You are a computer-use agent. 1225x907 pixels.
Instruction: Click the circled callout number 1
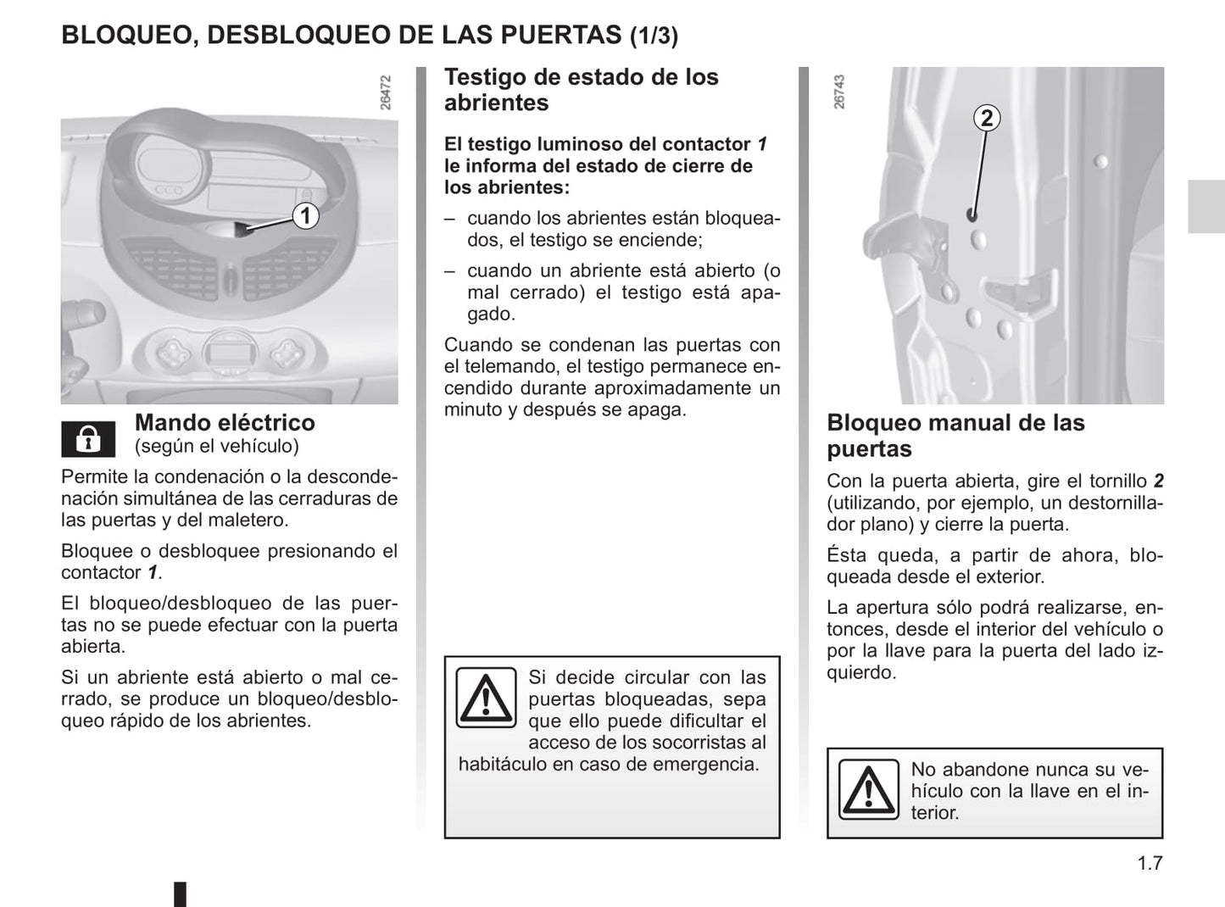tap(305, 215)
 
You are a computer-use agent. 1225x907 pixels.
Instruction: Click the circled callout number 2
tap(986, 117)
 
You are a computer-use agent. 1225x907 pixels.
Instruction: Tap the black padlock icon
tap(88, 439)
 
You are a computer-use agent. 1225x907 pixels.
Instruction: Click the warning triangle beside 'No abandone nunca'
tap(868, 789)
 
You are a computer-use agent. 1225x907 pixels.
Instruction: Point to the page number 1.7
tap(1150, 863)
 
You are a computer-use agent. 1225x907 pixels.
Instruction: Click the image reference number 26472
tap(386, 93)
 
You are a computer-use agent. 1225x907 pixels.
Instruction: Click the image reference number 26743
tap(839, 92)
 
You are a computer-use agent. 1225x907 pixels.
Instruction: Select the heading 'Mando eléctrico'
tap(225, 422)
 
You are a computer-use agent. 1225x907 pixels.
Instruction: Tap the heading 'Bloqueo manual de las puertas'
tap(955, 436)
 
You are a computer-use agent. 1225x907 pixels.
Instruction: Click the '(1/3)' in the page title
tap(654, 36)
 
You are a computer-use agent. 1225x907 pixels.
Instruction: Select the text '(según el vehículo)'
tap(216, 446)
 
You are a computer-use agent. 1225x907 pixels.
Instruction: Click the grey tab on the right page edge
tap(1206, 206)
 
